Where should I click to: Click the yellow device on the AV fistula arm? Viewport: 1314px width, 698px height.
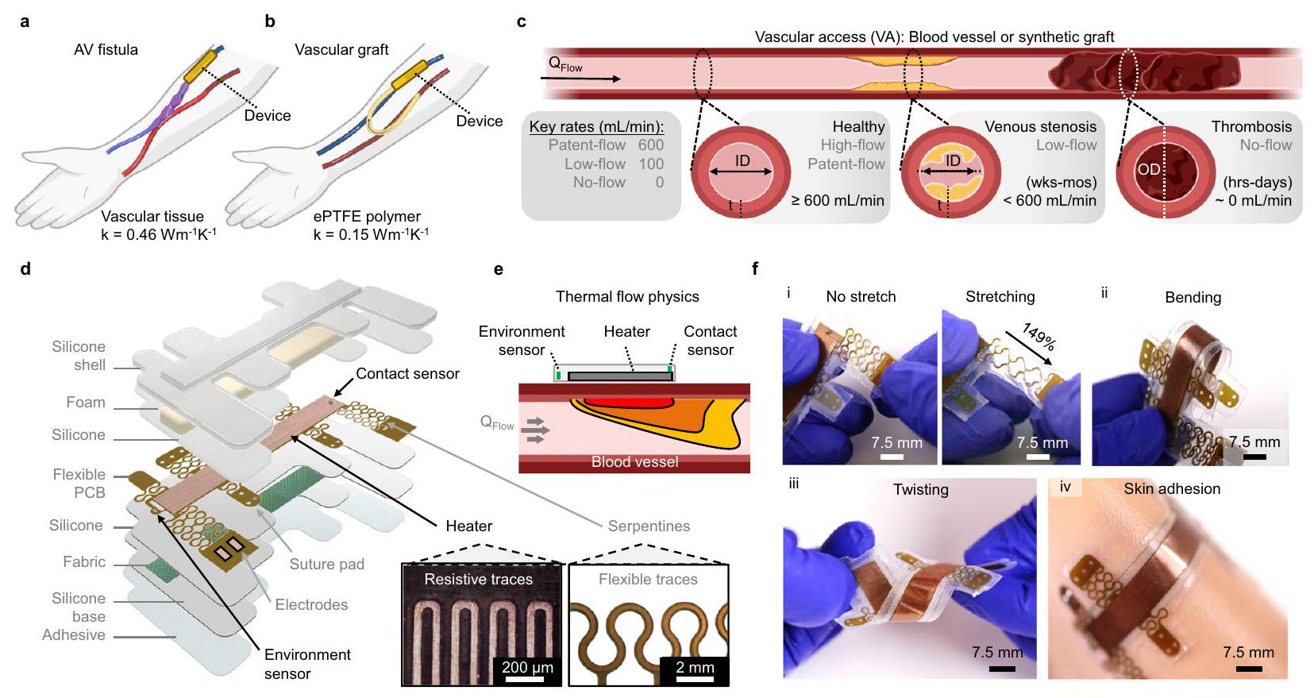pos(198,65)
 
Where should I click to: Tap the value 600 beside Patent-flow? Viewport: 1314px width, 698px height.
pos(650,145)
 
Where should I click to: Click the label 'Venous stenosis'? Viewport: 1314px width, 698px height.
pos(1040,127)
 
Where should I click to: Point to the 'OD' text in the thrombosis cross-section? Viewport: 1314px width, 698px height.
pos(1148,169)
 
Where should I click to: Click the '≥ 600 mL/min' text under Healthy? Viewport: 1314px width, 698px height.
pos(838,201)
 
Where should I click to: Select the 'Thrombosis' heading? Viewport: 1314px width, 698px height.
pos(1251,127)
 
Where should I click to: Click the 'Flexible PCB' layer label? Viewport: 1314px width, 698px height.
pos(79,483)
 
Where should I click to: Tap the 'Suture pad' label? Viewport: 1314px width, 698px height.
pos(326,565)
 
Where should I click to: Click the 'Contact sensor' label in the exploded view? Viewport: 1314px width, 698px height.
pos(407,374)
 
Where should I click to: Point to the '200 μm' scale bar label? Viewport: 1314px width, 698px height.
pos(527,667)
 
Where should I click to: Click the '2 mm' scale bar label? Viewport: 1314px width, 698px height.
pos(695,667)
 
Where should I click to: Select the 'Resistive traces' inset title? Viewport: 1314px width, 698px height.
pos(478,580)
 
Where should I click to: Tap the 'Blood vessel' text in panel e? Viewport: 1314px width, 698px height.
pos(634,462)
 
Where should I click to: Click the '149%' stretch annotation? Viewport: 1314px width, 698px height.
pos(1038,337)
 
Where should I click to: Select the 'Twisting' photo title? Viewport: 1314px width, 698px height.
pos(920,490)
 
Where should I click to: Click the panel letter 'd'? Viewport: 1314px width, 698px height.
pos(25,269)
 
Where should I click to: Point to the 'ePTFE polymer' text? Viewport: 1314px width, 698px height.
pos(367,217)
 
